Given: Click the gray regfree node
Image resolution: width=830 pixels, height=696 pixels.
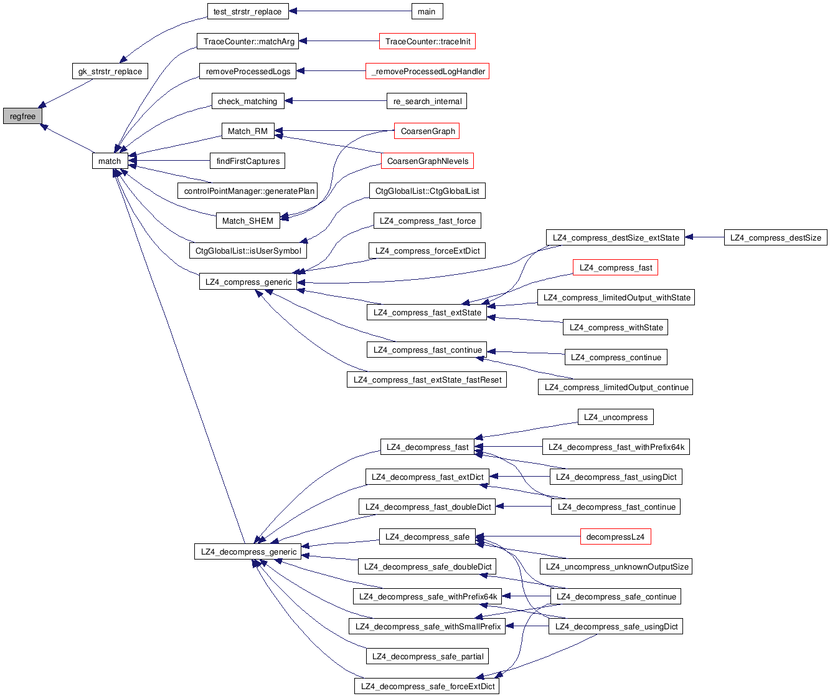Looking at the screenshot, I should (22, 117).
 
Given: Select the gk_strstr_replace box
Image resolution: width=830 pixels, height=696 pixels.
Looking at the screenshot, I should (110, 71).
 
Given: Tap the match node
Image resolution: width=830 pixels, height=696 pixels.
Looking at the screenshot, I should (110, 161).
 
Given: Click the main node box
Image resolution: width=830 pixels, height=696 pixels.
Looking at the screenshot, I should (427, 11).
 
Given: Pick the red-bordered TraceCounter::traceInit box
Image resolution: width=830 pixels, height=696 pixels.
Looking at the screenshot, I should (427, 42).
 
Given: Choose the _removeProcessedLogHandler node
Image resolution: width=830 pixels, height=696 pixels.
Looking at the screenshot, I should (427, 72).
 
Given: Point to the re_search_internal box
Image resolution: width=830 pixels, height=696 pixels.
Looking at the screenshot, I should (427, 102).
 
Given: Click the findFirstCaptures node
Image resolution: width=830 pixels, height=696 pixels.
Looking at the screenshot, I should (248, 161).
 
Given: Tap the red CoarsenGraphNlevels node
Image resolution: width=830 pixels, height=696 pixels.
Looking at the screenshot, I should (427, 161).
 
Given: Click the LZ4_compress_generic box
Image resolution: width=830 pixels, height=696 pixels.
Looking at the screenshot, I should (248, 282).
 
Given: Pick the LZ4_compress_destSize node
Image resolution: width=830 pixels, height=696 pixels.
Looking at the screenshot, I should (775, 238).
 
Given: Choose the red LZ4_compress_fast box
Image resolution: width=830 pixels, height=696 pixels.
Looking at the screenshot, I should (615, 268).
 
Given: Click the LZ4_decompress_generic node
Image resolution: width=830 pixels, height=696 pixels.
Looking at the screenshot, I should (248, 552).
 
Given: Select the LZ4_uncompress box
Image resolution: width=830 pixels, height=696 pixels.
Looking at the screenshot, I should (615, 417).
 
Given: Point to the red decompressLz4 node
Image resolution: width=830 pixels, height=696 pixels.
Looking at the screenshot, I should (615, 537).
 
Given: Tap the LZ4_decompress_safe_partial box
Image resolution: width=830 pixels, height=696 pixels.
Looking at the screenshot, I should (427, 657).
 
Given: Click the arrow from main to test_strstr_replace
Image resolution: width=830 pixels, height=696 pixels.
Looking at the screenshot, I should (349, 11).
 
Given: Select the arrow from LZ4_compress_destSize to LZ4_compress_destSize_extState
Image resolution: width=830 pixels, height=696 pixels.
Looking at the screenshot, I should (704, 237).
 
